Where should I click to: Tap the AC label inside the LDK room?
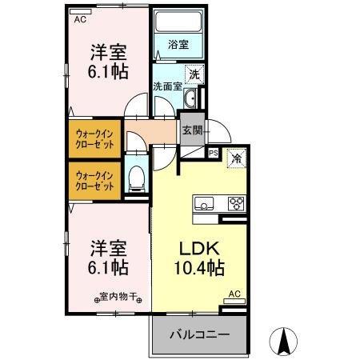[235, 294]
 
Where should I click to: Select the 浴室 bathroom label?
[178, 46]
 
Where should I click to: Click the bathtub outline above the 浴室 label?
[178, 23]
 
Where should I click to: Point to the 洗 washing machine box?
[193, 74]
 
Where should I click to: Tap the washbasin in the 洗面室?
[192, 98]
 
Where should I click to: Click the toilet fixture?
[136, 178]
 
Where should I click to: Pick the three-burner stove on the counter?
[235, 202]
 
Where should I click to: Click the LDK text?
[198, 248]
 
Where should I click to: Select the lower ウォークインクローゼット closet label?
[95, 179]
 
